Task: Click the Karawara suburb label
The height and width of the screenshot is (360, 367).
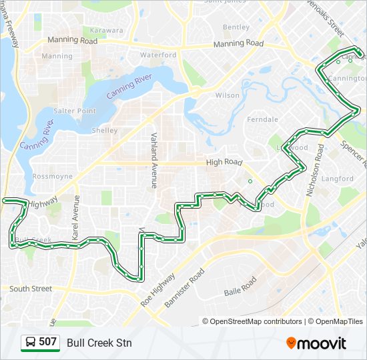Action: click(107, 30)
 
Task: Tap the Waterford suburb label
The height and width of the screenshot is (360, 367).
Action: click(159, 55)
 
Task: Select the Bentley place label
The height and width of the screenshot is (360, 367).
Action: click(236, 27)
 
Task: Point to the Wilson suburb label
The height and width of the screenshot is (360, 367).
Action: click(227, 95)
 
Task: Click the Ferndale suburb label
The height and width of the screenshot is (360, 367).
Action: click(262, 119)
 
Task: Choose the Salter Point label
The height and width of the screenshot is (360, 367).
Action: click(75, 111)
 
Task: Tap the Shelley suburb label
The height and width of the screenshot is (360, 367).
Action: click(105, 131)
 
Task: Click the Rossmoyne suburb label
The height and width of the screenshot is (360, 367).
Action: click(52, 177)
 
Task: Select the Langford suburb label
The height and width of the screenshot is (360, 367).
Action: click(337, 179)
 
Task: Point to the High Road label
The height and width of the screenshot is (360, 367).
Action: click(224, 162)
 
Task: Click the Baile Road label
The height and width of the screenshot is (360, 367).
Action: click(240, 287)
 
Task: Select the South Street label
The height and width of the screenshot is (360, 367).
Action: click(31, 289)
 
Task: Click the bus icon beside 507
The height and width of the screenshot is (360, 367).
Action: click(30, 343)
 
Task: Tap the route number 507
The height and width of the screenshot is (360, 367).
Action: click(47, 343)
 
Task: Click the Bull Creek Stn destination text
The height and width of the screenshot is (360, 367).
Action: click(99, 343)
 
